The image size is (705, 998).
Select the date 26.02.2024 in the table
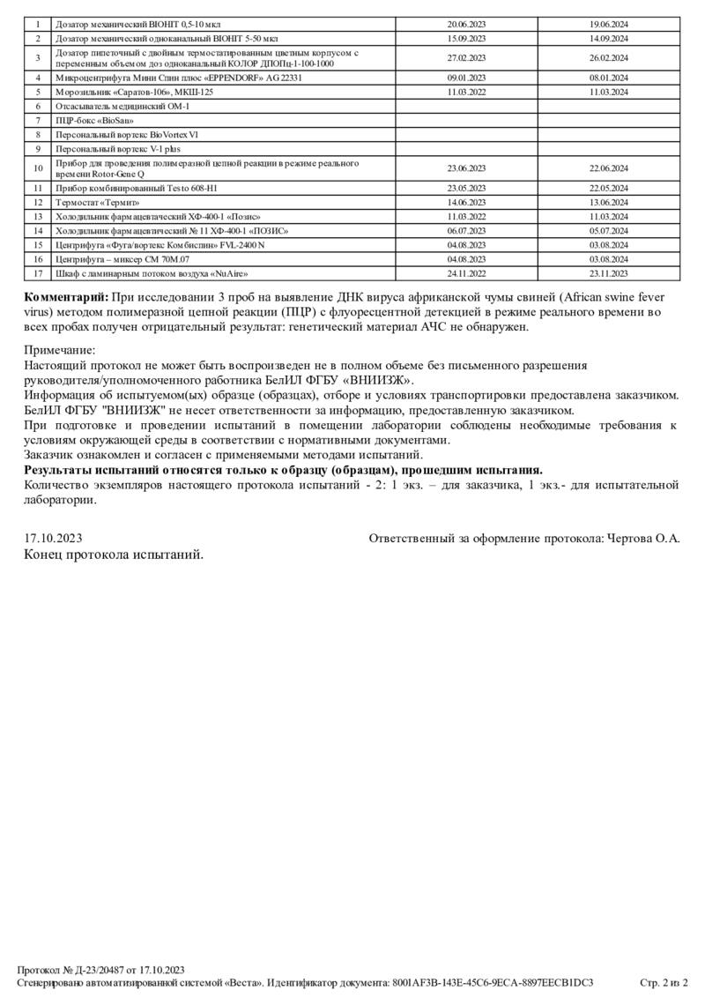[x=609, y=58]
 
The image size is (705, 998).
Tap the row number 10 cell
[x=38, y=168]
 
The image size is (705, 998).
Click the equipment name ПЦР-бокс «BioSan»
[x=88, y=119]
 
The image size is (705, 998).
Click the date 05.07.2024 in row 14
[x=609, y=230]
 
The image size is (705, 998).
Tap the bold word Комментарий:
[x=65, y=296]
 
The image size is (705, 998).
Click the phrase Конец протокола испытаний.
[x=115, y=555]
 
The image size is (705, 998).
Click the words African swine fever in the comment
[x=621, y=296]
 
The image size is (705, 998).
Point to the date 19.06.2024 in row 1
[x=609, y=24]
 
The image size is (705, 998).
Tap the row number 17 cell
[x=38, y=273]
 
